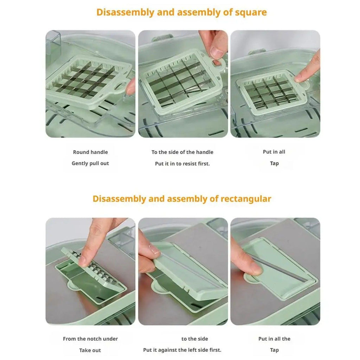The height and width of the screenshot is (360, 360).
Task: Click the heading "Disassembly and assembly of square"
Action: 181,12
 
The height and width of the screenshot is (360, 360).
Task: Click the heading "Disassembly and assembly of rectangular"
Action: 182,199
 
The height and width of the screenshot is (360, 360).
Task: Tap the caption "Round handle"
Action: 90,152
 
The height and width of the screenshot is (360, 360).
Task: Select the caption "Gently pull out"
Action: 90,163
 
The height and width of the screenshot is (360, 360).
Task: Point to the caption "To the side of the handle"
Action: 182,152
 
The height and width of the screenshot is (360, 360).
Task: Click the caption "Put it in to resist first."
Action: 182,164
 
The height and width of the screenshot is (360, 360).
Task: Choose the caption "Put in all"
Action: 274,152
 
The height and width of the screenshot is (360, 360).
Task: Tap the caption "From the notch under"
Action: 90,339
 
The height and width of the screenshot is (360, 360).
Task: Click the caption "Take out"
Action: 90,350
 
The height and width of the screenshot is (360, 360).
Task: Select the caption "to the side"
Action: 195,339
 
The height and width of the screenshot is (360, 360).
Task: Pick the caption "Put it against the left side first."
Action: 182,350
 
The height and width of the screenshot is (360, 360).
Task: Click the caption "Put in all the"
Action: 274,339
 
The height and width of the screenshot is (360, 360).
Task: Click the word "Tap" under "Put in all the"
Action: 274,350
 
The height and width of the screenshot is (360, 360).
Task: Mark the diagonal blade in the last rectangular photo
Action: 280,268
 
